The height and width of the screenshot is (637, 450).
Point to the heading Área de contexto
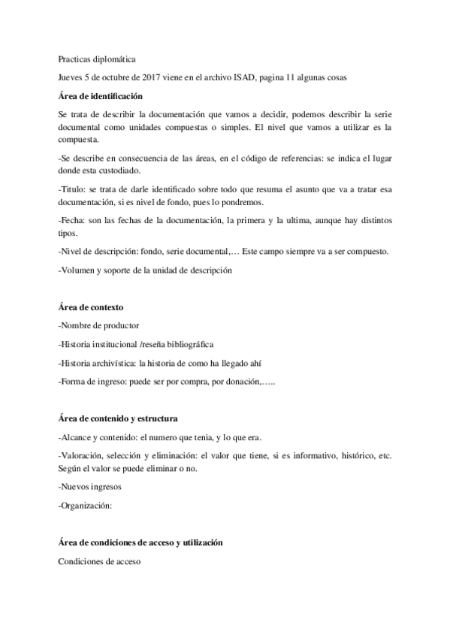(90, 307)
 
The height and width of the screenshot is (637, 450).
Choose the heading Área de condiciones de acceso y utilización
(140, 542)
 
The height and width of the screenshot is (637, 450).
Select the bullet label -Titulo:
(73, 192)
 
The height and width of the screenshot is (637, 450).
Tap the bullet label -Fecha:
(73, 222)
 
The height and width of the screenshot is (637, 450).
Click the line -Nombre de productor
(98, 326)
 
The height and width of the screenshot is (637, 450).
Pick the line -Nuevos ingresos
(89, 486)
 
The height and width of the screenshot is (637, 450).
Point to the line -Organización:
(84, 506)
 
